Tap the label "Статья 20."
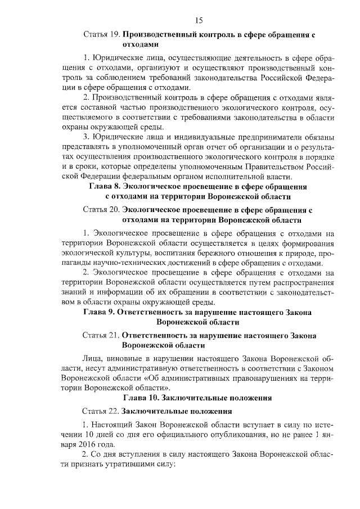(x=101, y=210)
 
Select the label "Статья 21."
(x=101, y=335)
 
